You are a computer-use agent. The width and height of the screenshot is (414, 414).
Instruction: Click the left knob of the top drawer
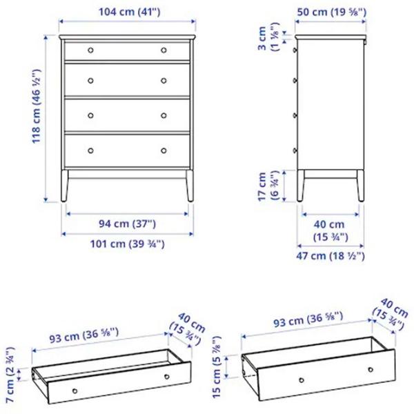click(x=90, y=50)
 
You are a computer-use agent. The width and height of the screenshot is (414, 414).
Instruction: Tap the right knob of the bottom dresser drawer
click(x=164, y=150)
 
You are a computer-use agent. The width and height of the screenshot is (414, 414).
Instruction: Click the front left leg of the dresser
click(x=65, y=186)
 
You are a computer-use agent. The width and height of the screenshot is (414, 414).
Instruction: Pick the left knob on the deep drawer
click(x=301, y=380)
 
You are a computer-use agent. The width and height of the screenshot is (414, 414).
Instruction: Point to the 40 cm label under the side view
click(x=328, y=230)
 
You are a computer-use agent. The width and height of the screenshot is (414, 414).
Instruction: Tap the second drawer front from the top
click(x=127, y=81)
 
